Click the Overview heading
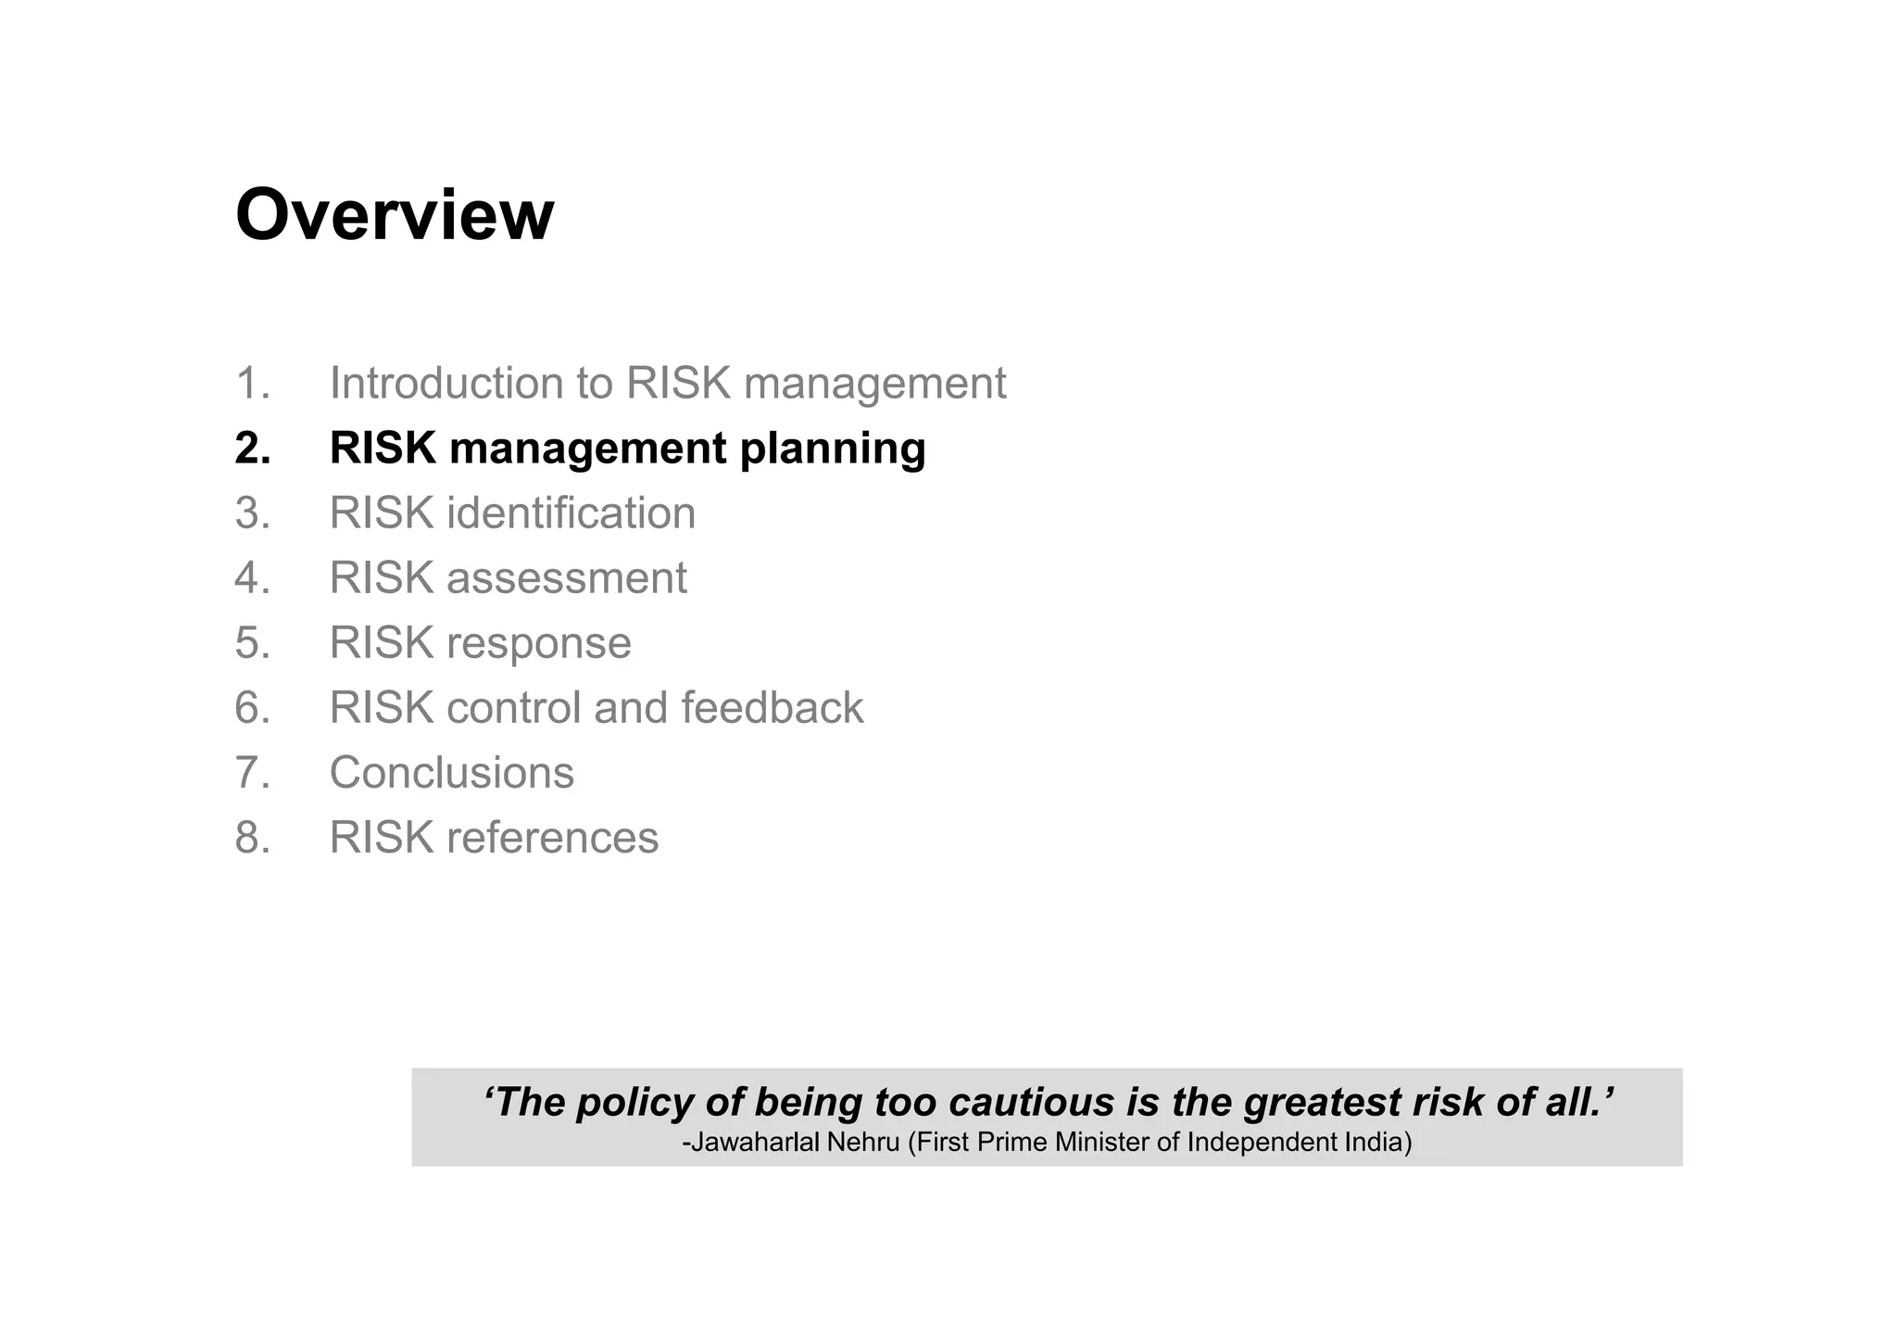[395, 215]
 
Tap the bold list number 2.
[252, 449]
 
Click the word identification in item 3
[571, 513]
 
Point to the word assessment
[566, 578]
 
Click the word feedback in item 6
[772, 708]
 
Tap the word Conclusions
[451, 773]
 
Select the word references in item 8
[552, 838]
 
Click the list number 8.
[252, 838]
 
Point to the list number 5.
[252, 643]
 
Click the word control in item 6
[513, 708]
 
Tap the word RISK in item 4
[382, 578]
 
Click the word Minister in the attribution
[1103, 1143]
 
